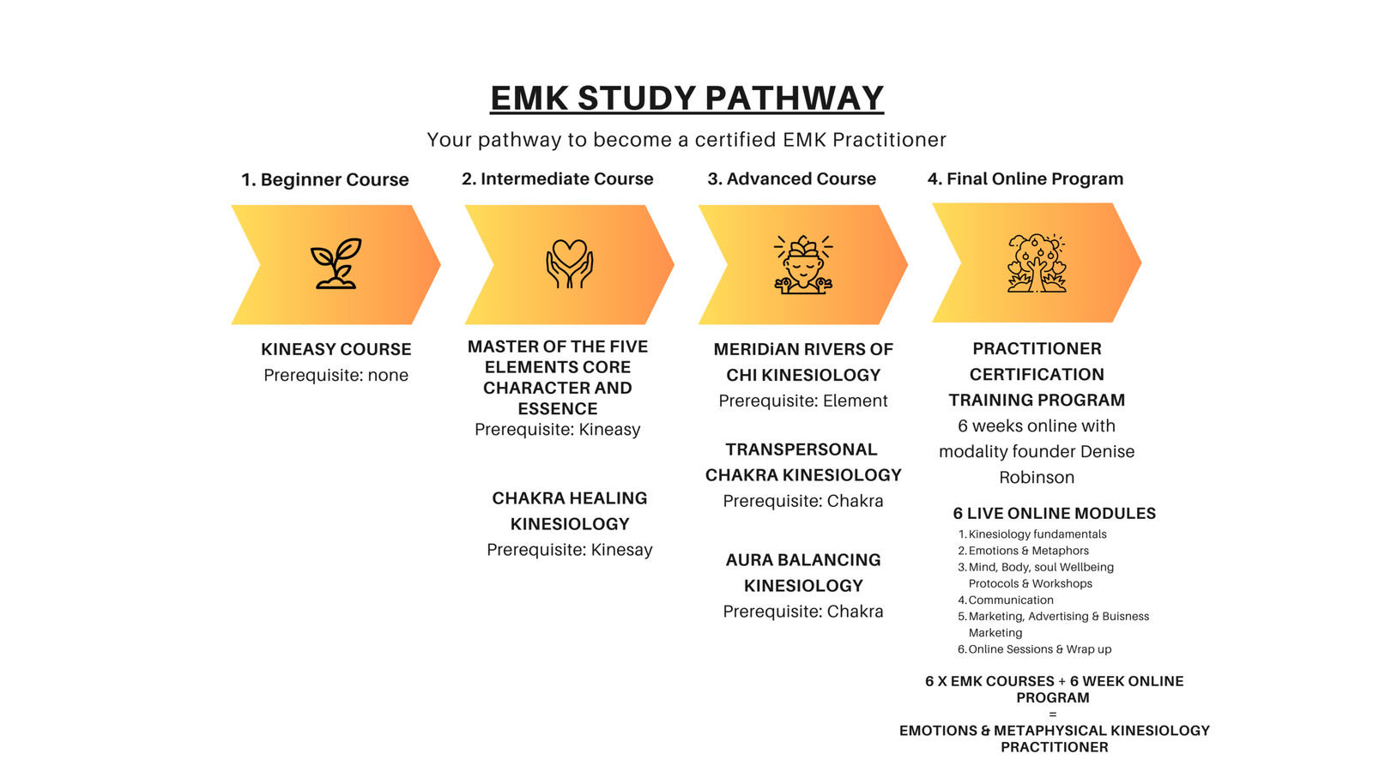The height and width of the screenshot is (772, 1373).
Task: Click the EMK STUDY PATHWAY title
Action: click(x=686, y=98)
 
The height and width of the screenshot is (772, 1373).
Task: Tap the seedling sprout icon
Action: click(x=336, y=263)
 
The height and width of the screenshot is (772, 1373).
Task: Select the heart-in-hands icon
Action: click(x=569, y=263)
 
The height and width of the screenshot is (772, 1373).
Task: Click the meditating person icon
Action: click(x=803, y=264)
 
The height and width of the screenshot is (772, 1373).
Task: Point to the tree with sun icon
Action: click(x=1037, y=263)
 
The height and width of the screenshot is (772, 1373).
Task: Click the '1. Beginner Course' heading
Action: click(x=324, y=180)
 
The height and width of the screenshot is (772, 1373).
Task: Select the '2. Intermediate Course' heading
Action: click(x=557, y=179)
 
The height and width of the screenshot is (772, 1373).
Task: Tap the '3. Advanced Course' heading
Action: click(x=791, y=179)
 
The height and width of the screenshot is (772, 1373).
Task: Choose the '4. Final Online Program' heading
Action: click(x=1025, y=179)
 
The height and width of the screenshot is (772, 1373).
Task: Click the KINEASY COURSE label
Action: click(x=336, y=349)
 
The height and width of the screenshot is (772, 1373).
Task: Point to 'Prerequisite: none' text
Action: click(x=336, y=375)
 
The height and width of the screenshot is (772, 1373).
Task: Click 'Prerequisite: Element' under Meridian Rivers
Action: click(x=802, y=401)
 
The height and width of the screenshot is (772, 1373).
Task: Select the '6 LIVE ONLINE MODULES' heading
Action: click(x=1054, y=513)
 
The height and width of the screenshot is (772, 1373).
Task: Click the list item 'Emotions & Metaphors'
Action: click(x=1028, y=551)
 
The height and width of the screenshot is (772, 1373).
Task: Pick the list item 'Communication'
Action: click(x=1010, y=600)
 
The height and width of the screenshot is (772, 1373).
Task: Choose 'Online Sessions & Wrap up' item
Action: click(x=1039, y=649)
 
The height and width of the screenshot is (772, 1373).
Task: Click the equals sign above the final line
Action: click(x=1053, y=715)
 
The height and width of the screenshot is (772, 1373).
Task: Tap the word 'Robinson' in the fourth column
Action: click(x=1036, y=477)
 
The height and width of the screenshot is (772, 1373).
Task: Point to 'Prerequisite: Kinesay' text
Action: click(x=569, y=550)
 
